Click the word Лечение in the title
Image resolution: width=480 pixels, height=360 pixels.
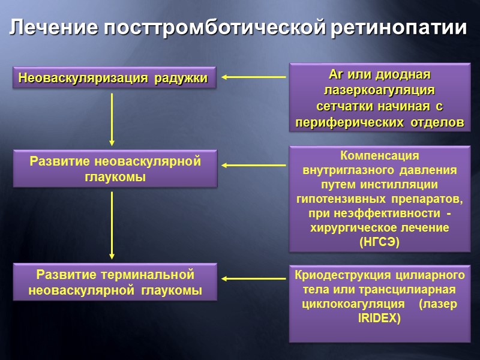[x=54, y=28]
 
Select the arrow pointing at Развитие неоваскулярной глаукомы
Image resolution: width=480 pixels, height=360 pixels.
[x=253, y=165]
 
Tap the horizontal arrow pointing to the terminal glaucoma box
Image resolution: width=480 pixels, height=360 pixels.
[x=253, y=278]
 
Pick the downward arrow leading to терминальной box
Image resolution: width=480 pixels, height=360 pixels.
[x=112, y=225]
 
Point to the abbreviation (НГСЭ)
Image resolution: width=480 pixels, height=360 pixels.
[x=379, y=242]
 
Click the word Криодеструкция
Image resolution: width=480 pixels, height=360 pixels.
[x=340, y=275]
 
